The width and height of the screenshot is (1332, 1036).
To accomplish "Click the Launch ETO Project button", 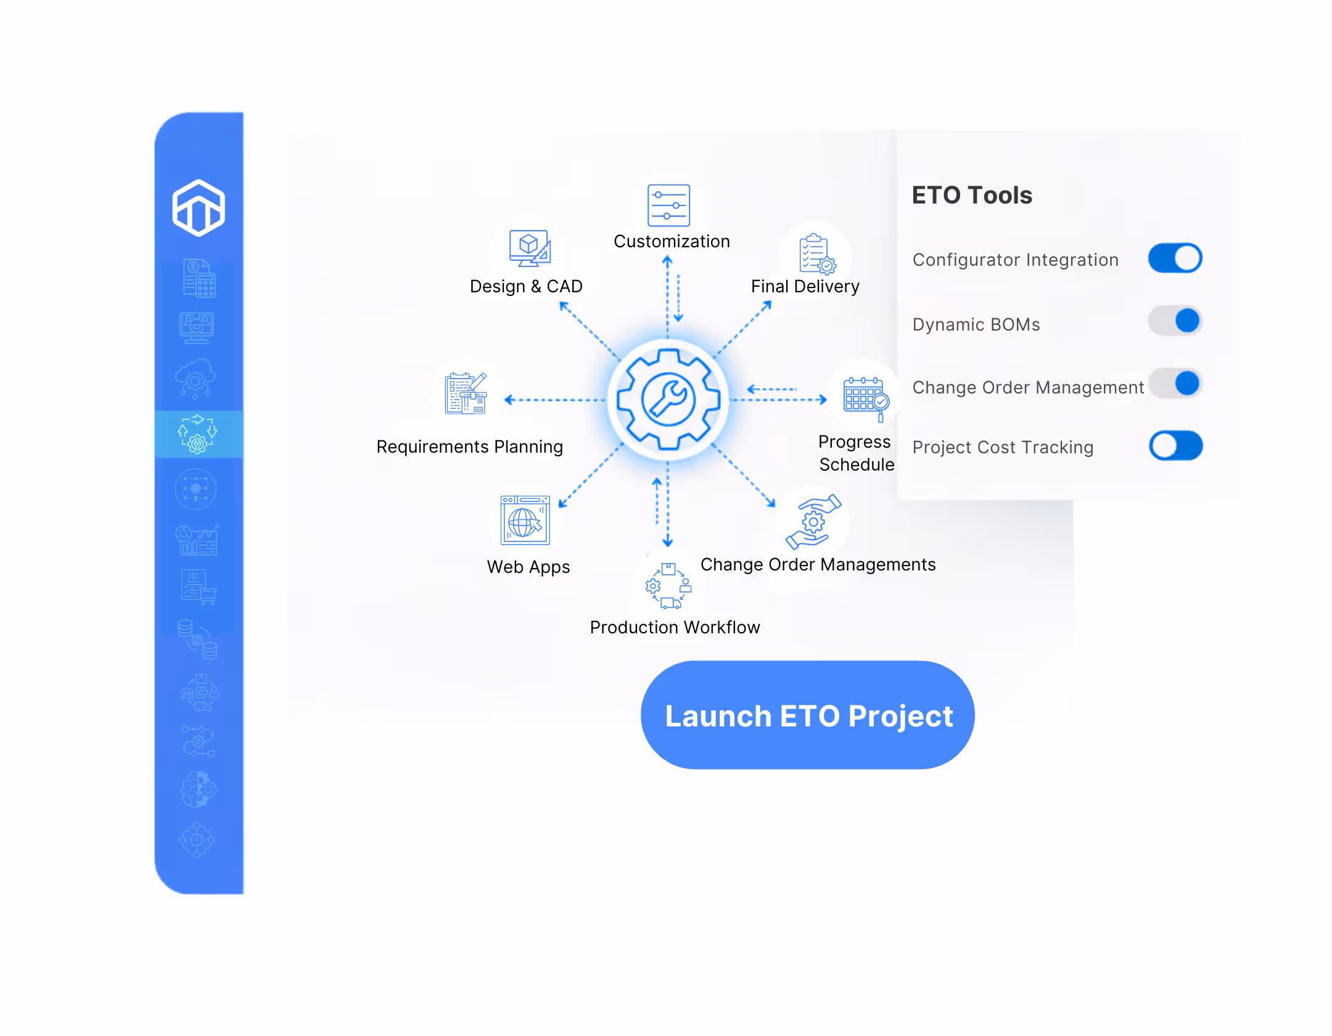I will [807, 715].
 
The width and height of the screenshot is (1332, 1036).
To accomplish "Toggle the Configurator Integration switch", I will [1175, 258].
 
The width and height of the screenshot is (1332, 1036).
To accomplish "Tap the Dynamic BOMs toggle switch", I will [1175, 321].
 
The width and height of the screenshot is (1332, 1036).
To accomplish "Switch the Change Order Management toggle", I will [1175, 384].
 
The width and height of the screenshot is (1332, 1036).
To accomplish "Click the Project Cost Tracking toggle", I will [1175, 446].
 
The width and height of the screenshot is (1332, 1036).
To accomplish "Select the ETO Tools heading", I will [972, 195].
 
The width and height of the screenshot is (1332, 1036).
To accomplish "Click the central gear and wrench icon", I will [668, 400].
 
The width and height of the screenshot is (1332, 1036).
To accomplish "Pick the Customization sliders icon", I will [668, 205].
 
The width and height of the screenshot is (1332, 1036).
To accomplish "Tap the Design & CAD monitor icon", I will [530, 249].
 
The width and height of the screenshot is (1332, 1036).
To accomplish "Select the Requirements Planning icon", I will [466, 393].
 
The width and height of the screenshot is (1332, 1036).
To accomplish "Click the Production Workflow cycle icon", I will [668, 586].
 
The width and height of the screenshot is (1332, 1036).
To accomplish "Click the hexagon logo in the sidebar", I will [199, 208].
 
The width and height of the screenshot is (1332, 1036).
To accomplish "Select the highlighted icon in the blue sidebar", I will [198, 434].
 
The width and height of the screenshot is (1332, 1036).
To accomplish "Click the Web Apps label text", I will [528, 567].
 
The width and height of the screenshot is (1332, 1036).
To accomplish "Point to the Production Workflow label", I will [675, 628].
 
